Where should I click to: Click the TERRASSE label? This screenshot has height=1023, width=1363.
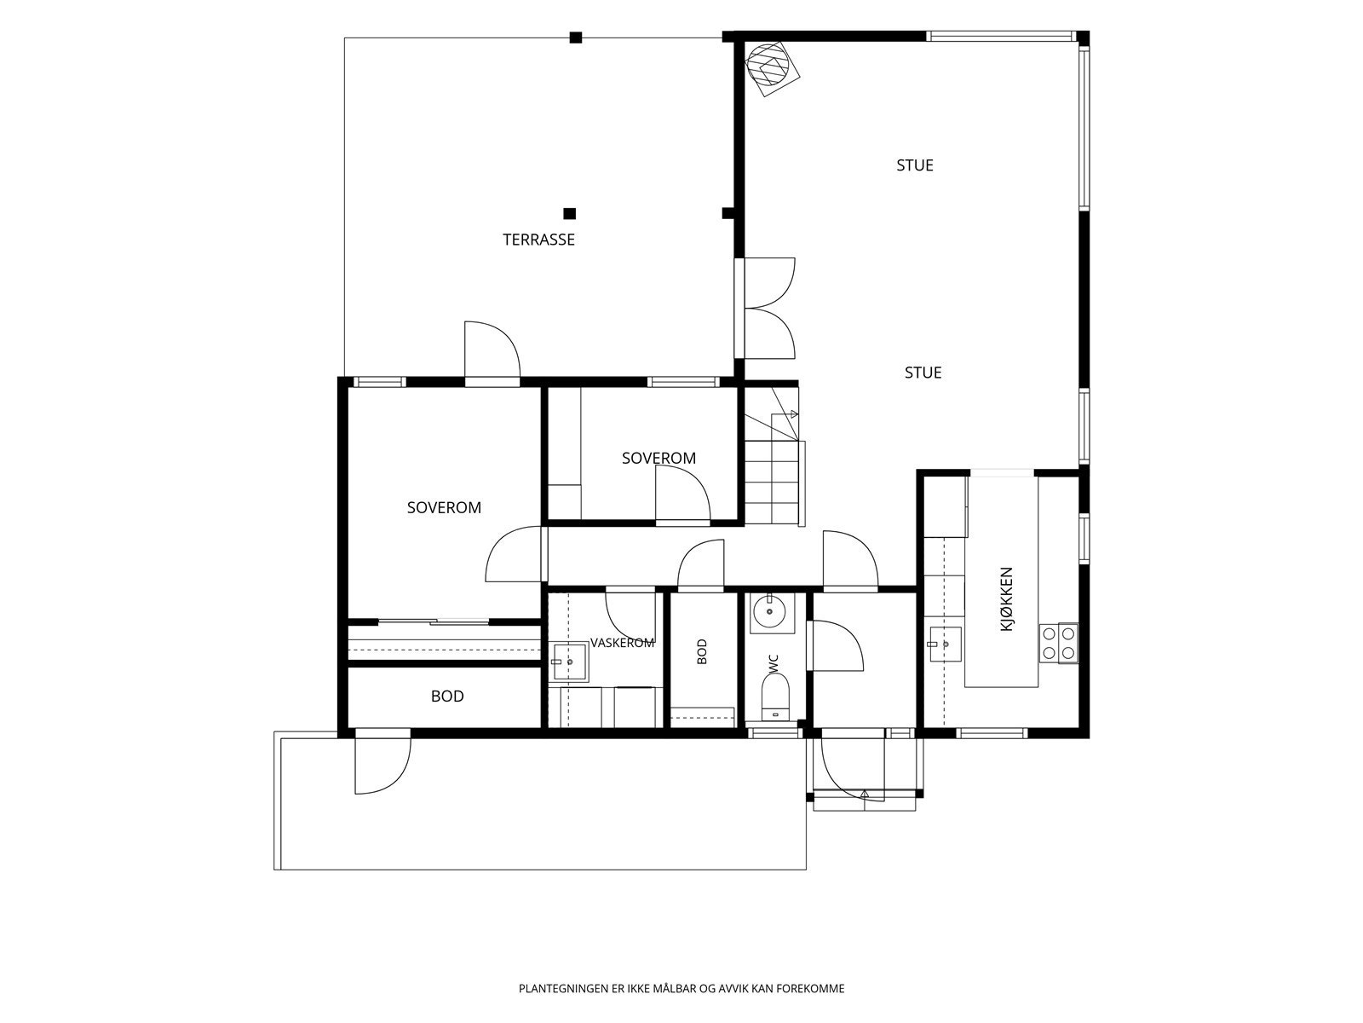pos(538,240)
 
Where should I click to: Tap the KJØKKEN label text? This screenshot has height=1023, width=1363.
pos(1007,599)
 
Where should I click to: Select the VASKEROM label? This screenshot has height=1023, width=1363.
pos(622,643)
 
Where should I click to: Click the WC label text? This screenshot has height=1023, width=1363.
pos(774,664)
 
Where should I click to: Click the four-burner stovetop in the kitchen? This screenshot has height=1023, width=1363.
pos(1059,643)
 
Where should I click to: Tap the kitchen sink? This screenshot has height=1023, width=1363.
pos(945,644)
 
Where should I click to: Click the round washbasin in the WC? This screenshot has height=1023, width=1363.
pos(770,613)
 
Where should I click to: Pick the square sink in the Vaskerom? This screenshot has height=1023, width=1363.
pos(570,662)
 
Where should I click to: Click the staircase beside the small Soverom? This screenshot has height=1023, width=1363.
pos(774,456)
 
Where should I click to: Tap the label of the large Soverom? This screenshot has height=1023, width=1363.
pos(444,507)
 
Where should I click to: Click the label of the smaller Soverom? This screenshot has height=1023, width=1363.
pos(658,459)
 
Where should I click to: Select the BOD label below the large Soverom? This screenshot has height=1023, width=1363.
pos(447,696)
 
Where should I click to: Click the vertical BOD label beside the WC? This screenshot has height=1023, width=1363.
pos(702,651)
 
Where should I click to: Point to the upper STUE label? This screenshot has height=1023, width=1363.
pos(915,165)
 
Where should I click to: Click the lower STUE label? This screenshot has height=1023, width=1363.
pos(923,373)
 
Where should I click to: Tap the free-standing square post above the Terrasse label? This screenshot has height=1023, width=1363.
pos(569,214)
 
